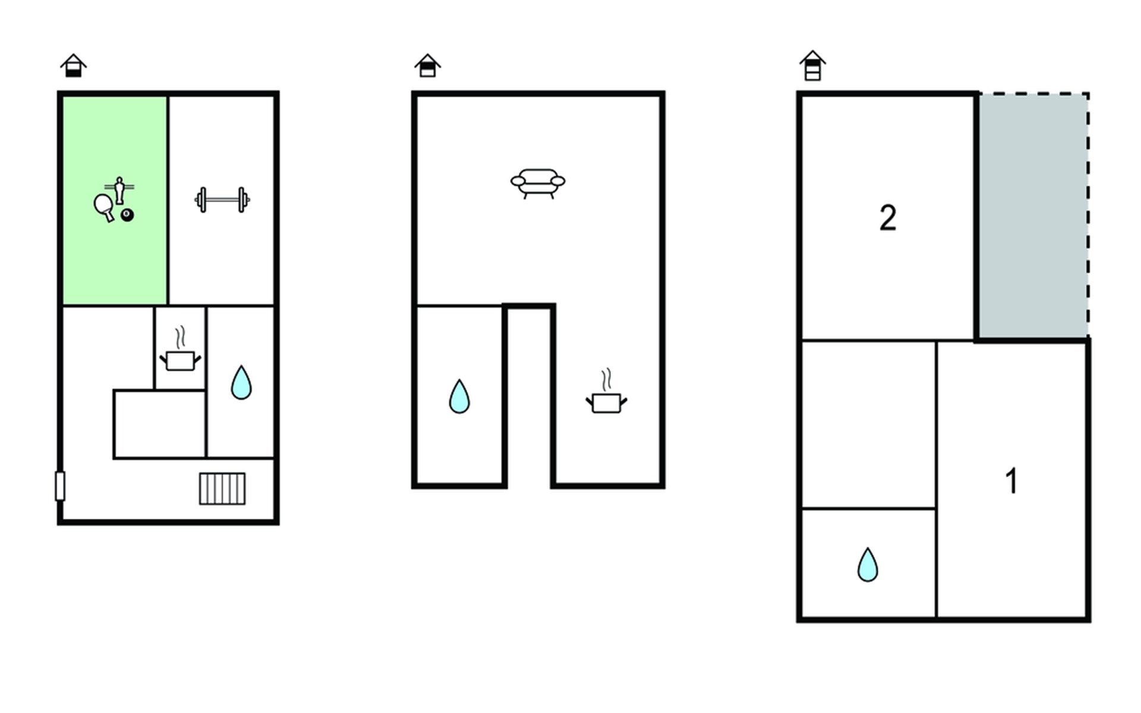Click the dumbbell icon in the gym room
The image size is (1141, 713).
click(222, 200)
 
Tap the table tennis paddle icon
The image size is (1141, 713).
click(104, 207)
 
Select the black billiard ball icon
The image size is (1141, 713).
click(127, 214)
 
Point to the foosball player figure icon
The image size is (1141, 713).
click(119, 190)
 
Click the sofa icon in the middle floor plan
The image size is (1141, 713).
click(538, 183)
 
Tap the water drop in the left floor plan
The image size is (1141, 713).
click(241, 382)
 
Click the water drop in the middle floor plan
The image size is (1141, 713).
click(459, 396)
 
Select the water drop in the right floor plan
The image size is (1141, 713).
click(868, 564)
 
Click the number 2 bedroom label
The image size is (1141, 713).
click(888, 218)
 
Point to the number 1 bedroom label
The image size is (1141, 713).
click(1011, 481)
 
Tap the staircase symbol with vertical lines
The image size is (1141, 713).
click(222, 488)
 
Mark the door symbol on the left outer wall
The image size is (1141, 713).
click(60, 486)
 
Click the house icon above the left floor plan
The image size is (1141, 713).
click(74, 65)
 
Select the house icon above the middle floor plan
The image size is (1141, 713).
click(428, 65)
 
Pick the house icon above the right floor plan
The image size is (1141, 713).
click(812, 65)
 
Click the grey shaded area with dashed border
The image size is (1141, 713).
click(1033, 215)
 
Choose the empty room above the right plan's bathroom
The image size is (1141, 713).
click(868, 425)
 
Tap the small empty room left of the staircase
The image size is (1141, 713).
click(159, 424)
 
